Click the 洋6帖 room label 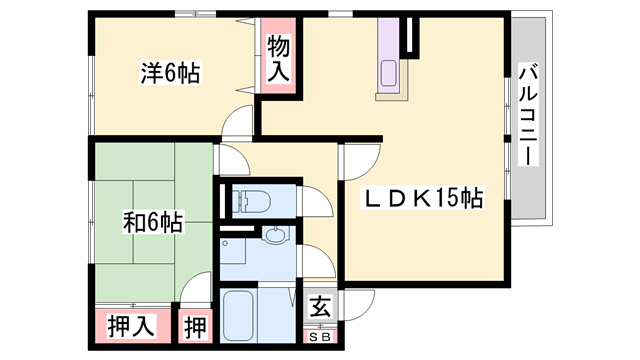(x=170, y=72)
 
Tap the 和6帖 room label (x=153, y=220)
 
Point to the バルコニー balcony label (x=529, y=116)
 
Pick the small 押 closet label (x=193, y=326)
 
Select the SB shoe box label (x=320, y=337)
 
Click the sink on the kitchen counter (x=388, y=73)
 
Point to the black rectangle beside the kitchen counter (x=410, y=34)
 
